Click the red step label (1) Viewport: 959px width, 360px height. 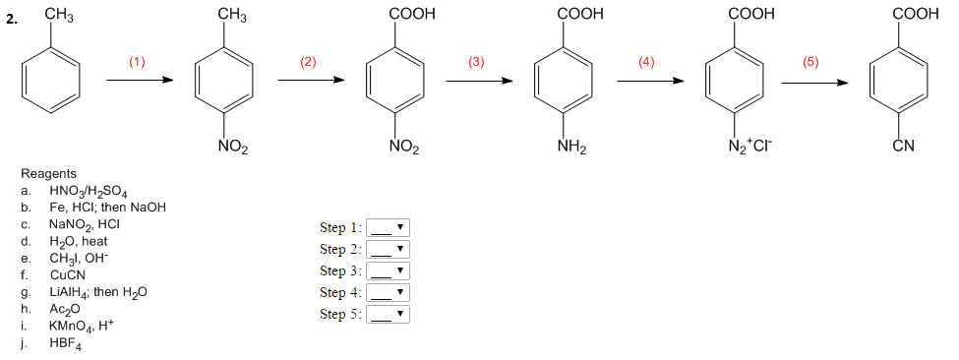coord(137,62)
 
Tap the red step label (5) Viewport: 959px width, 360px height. coord(810,62)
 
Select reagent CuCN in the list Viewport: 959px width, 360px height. coord(67,274)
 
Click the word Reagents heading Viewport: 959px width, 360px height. coord(55,173)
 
